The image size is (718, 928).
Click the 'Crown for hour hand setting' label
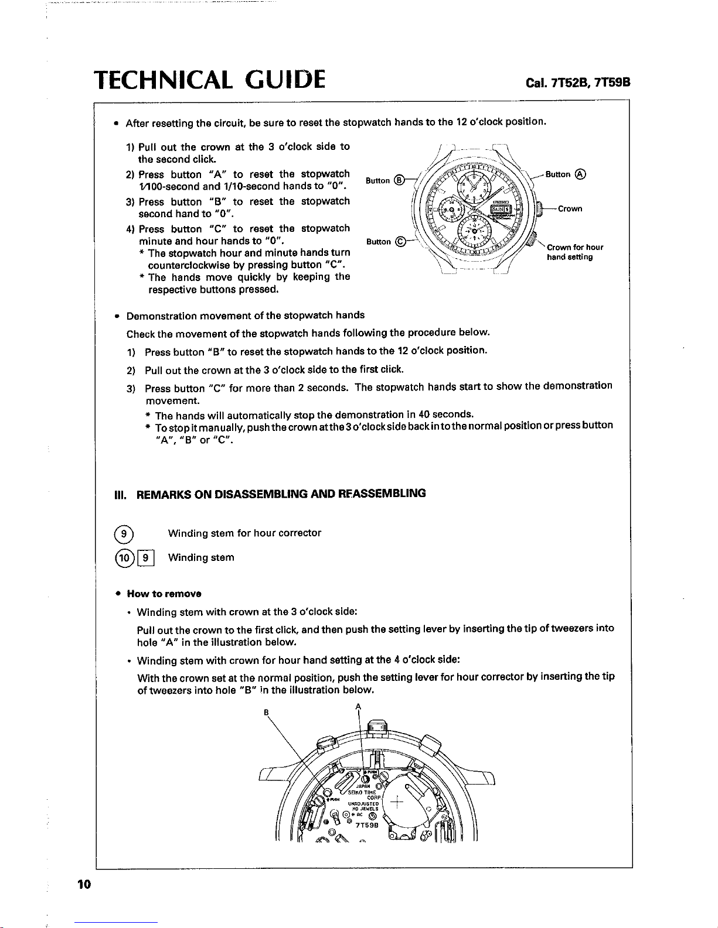574,252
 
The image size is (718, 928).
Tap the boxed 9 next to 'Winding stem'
147,557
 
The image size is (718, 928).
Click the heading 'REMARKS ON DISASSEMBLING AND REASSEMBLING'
281,494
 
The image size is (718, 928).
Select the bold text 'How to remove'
164,594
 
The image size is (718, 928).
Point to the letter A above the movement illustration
358,706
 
